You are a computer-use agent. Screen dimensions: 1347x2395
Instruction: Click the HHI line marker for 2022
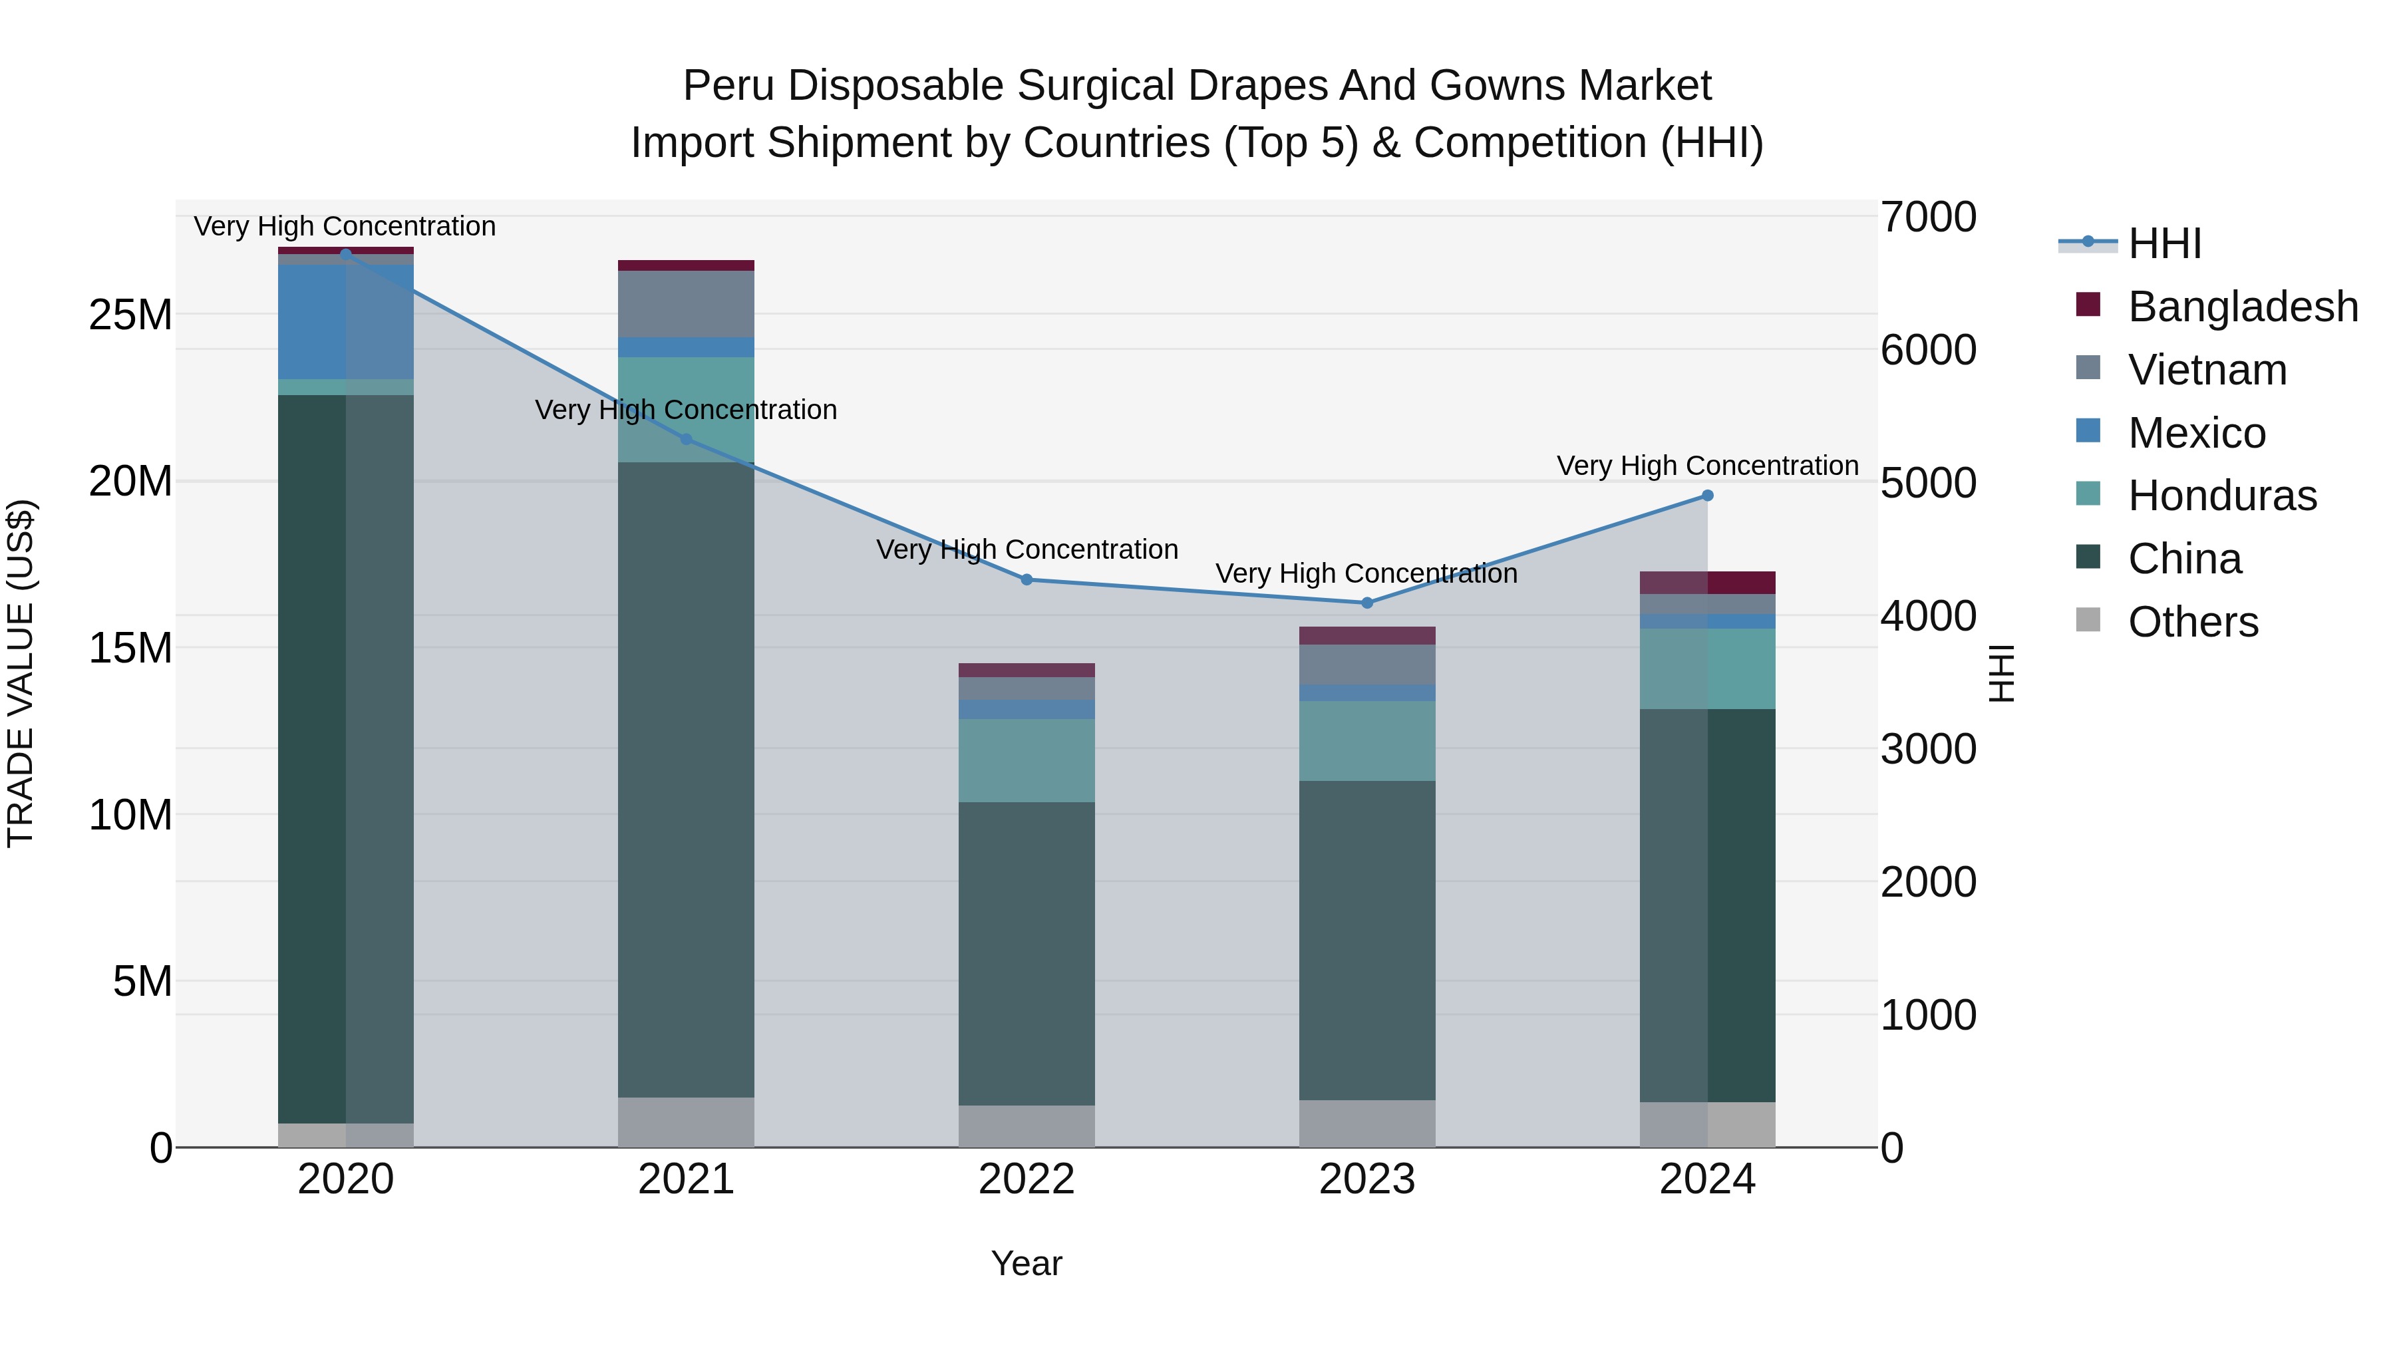coord(1027,579)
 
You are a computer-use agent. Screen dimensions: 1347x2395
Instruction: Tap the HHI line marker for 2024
coord(1707,496)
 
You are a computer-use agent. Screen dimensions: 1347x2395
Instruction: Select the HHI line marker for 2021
coord(686,439)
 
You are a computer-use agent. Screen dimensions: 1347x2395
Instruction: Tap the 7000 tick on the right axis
coord(1927,218)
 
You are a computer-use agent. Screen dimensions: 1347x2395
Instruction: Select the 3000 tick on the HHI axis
coord(1927,749)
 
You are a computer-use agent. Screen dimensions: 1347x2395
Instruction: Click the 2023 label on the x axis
coord(1366,1179)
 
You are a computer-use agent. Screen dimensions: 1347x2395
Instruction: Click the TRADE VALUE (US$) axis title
coord(21,673)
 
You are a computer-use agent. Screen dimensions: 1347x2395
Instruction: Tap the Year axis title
coord(1027,1263)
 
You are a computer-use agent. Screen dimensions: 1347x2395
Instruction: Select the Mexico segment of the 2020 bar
coord(346,322)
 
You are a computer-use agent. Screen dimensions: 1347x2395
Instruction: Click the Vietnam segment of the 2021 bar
coord(686,304)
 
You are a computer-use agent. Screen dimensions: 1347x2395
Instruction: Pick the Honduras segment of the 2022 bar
coord(1027,760)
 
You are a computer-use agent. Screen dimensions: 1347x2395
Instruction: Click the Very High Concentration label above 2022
coord(1027,549)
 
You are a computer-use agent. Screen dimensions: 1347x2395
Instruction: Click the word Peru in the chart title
coord(722,86)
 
